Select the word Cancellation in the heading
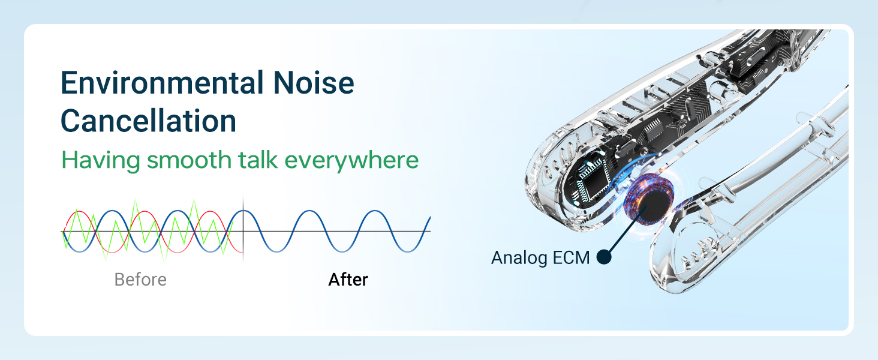point(148,121)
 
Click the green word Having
point(100,160)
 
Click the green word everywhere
point(351,161)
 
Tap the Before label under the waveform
point(140,280)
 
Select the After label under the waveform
point(348,280)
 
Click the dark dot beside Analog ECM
point(604,258)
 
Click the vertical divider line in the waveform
point(243,231)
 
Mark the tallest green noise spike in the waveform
point(193,203)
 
